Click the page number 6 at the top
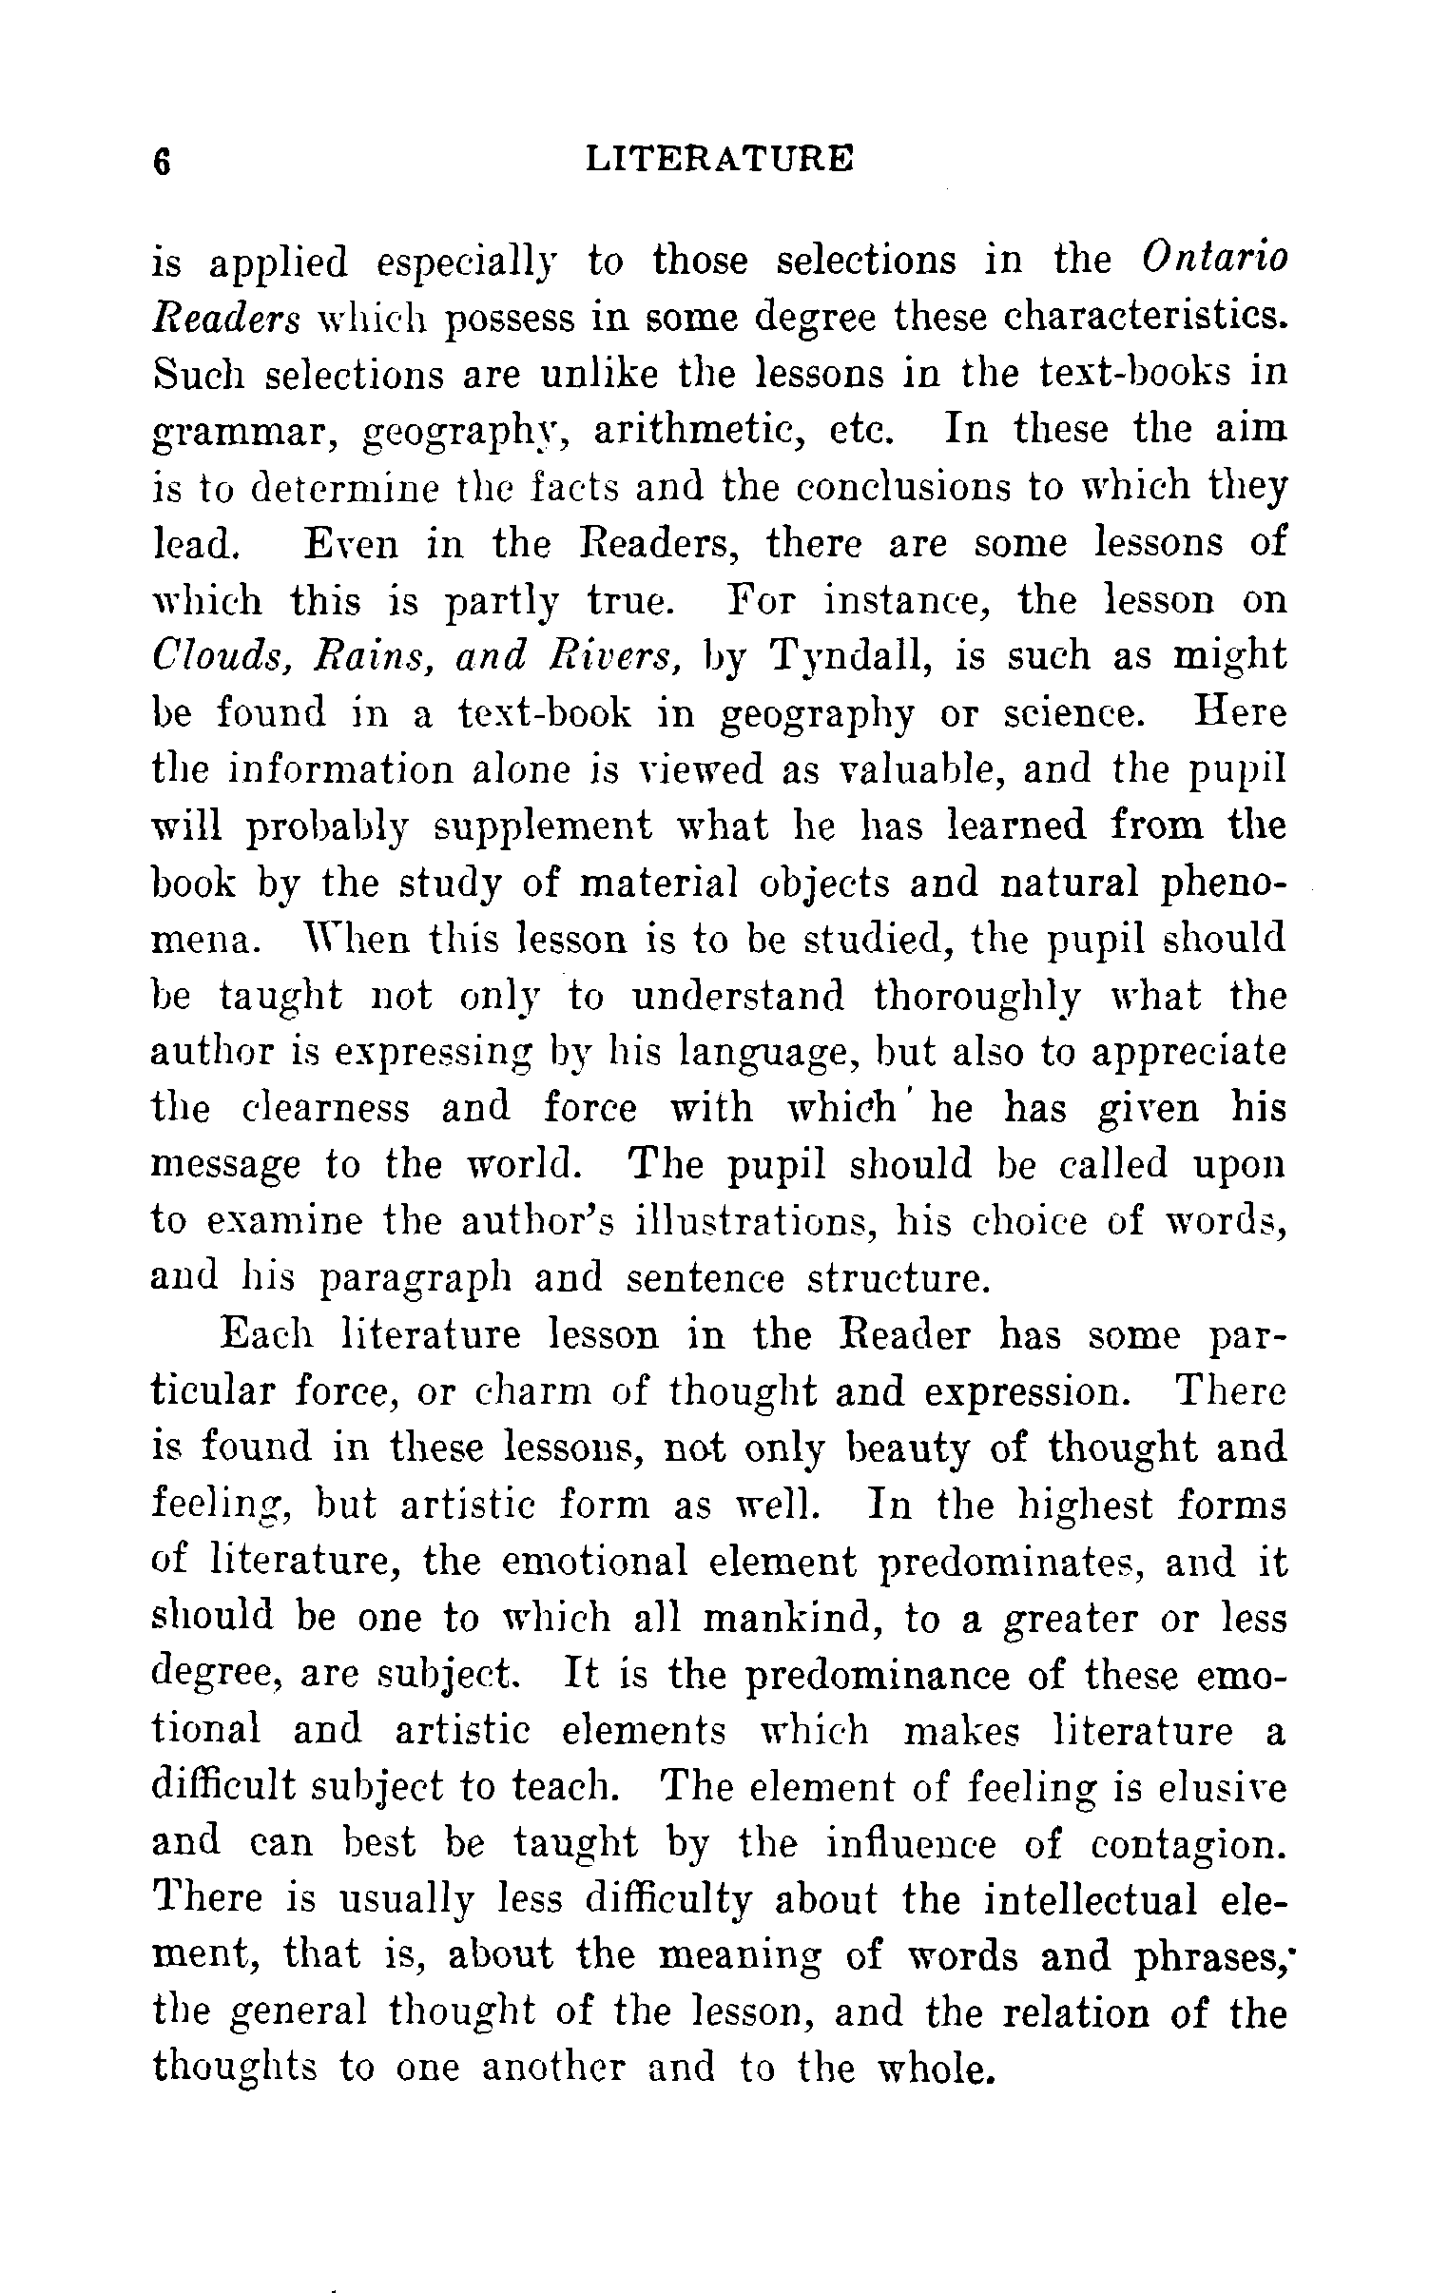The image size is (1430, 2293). pos(162,161)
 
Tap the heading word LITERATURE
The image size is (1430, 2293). pos(720,159)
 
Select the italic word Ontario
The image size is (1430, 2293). pos(1215,260)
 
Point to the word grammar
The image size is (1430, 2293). pos(247,433)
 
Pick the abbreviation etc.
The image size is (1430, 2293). pos(861,431)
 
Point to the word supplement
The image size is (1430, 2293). pos(543,826)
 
